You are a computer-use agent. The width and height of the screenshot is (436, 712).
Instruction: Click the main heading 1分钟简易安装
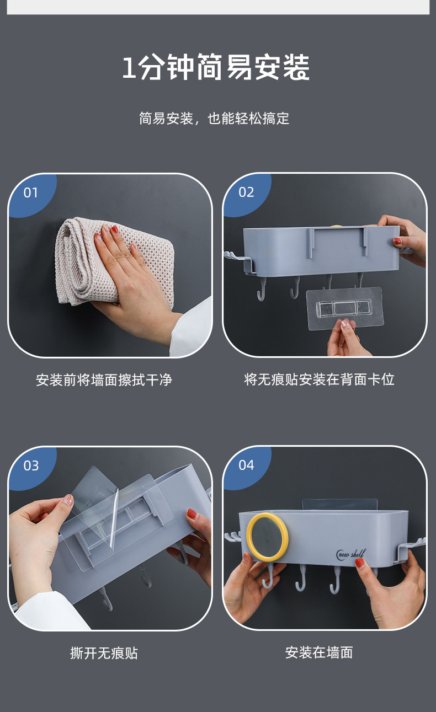point(216,67)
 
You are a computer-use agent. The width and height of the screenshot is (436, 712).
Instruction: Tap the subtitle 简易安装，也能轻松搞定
point(214,119)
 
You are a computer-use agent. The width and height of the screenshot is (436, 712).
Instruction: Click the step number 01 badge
point(30,192)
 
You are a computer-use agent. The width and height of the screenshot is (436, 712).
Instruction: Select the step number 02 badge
point(246,192)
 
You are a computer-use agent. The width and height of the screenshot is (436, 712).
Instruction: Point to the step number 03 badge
point(31,465)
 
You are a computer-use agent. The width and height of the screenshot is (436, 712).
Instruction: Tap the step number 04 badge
point(246,465)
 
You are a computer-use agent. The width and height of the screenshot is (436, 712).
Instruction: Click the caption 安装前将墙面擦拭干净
point(104,380)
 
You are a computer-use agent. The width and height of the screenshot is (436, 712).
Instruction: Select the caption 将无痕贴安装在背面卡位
point(320,379)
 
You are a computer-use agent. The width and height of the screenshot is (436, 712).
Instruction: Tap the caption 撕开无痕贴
point(104,653)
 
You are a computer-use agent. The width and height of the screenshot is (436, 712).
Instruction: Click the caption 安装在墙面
point(319,652)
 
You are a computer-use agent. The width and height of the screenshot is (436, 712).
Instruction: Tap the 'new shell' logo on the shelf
point(351,553)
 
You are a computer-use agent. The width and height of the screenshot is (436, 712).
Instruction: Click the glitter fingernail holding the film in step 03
point(68,500)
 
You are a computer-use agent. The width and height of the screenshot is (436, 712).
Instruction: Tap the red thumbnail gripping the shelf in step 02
point(397,241)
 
